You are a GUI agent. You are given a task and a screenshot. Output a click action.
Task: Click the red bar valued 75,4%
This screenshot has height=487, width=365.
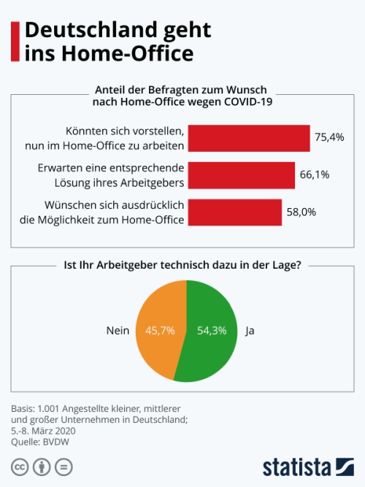(x=250, y=137)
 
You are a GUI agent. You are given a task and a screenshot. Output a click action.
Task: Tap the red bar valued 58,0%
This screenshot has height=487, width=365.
(x=234, y=212)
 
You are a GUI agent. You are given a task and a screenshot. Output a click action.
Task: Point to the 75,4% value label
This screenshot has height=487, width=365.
(x=329, y=137)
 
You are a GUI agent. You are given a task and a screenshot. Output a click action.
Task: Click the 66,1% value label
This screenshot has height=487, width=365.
(x=315, y=175)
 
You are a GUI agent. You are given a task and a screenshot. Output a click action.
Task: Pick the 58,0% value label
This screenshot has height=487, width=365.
(x=301, y=212)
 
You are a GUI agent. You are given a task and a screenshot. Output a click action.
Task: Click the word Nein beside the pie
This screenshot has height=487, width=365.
(x=118, y=331)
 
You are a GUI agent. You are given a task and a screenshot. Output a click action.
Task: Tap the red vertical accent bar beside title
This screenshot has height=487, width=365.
(x=15, y=42)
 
